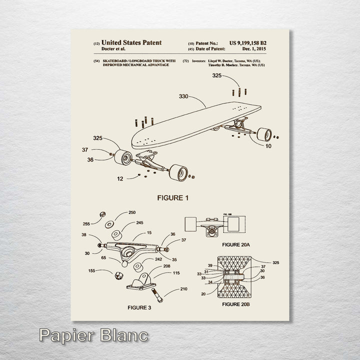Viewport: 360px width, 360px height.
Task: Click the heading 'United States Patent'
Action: pos(131,43)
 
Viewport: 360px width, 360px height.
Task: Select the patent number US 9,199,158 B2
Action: pos(248,43)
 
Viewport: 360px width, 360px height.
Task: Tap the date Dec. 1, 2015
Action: pos(254,49)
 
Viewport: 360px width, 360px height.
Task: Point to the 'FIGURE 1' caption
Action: pos(173,198)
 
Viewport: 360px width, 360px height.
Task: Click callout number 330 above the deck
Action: pos(184,96)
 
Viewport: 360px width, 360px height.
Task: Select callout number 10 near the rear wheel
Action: pos(268,146)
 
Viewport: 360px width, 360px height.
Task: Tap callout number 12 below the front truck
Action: pos(119,178)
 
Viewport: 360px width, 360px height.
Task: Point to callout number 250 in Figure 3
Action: pos(132,212)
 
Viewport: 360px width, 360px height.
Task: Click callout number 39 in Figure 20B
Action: pos(210,265)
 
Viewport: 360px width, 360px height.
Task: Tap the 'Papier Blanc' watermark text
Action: pos(93,334)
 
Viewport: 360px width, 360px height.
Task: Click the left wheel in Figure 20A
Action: pos(191,224)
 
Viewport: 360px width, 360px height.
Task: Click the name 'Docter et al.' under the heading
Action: pos(113,49)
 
